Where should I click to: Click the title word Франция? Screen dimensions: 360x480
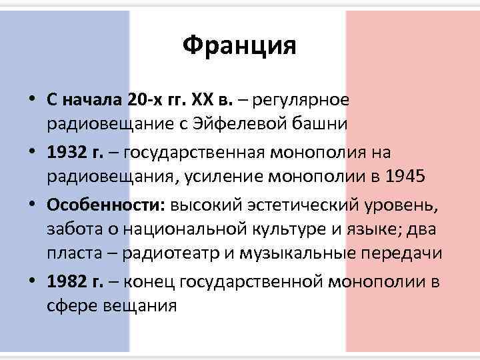(x=239, y=47)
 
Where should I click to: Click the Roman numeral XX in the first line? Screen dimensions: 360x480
(x=203, y=101)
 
